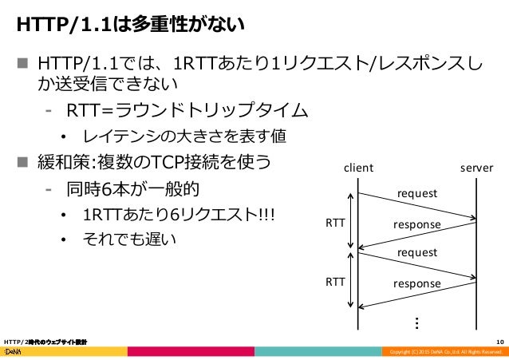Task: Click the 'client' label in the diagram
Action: pos(358,168)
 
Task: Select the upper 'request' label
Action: pos(417,194)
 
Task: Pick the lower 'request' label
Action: pos(417,252)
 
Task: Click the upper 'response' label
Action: pos(416,226)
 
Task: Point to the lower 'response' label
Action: pos(416,284)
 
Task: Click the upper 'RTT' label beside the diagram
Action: pos(335,224)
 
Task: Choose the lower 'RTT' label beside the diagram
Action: pos(335,282)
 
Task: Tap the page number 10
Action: pos(499,342)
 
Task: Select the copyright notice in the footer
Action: pos(444,352)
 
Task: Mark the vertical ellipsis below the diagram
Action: pos(417,322)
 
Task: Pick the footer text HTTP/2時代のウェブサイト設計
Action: pos(45,342)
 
